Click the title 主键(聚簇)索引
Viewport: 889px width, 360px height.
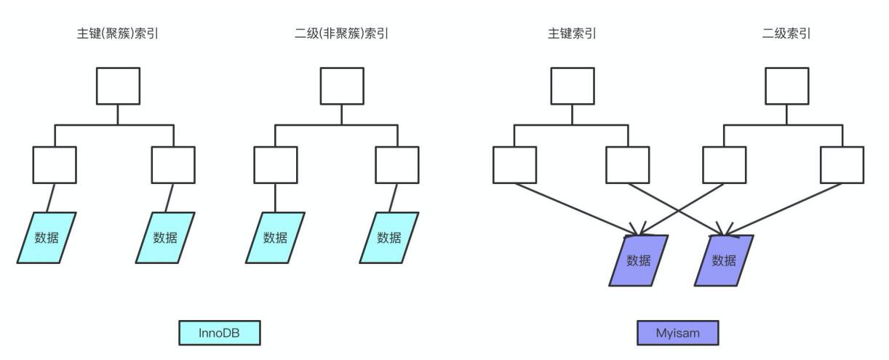coord(119,33)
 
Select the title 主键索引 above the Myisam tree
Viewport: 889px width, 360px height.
coord(572,33)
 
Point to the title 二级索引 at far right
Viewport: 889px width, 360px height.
coord(786,33)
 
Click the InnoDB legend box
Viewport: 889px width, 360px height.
coord(220,333)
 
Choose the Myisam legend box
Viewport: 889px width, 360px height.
coord(677,333)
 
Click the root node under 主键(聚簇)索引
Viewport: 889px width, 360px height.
coord(119,87)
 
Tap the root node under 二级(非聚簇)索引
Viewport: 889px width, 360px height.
coord(342,87)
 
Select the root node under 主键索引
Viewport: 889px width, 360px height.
coord(572,87)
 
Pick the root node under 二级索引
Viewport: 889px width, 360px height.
coord(786,87)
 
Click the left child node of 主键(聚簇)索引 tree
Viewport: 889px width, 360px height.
coord(55,164)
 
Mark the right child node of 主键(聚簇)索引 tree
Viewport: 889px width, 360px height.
coord(173,164)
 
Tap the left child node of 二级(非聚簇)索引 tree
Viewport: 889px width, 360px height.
coord(276,164)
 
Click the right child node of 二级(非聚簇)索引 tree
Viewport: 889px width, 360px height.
coord(397,164)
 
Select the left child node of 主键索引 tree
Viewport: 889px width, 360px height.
coord(514,164)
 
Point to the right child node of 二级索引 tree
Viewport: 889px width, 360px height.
coord(842,164)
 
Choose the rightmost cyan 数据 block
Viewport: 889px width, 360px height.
coord(389,237)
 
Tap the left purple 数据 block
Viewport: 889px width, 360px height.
coord(638,260)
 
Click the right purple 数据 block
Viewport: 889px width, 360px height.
coord(724,260)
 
